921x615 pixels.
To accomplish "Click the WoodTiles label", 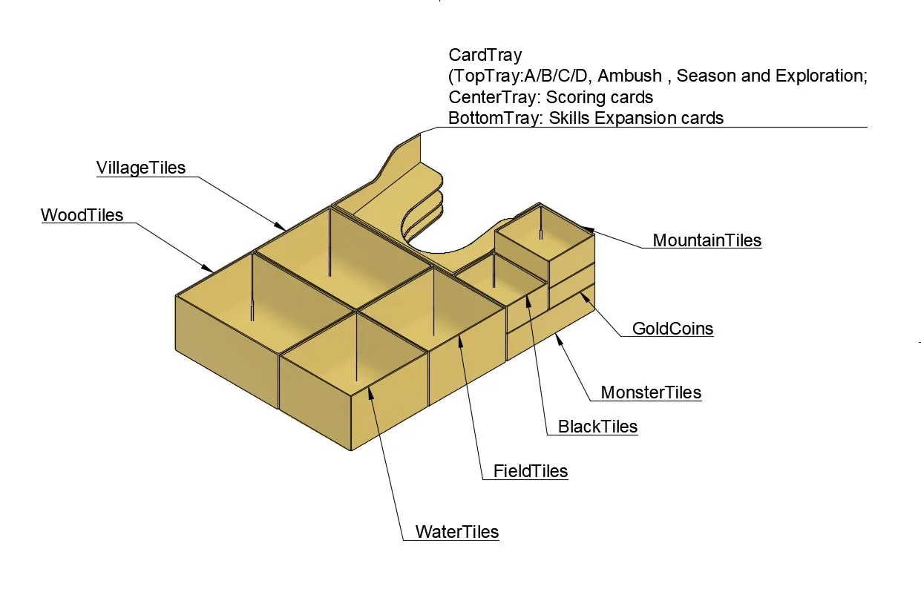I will pyautogui.click(x=82, y=215).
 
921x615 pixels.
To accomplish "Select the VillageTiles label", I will pyautogui.click(x=141, y=168).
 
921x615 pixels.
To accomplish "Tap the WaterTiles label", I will pyautogui.click(x=456, y=532).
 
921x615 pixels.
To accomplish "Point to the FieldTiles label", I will pyautogui.click(x=530, y=471).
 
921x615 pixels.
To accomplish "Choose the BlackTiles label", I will pyautogui.click(x=597, y=427).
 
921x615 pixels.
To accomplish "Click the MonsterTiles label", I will pyautogui.click(x=650, y=392).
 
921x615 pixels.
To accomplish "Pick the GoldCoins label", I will pyautogui.click(x=672, y=329).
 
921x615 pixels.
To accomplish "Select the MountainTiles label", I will pyautogui.click(x=707, y=240).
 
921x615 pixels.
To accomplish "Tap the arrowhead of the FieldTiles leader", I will pyautogui.click(x=461, y=339).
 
